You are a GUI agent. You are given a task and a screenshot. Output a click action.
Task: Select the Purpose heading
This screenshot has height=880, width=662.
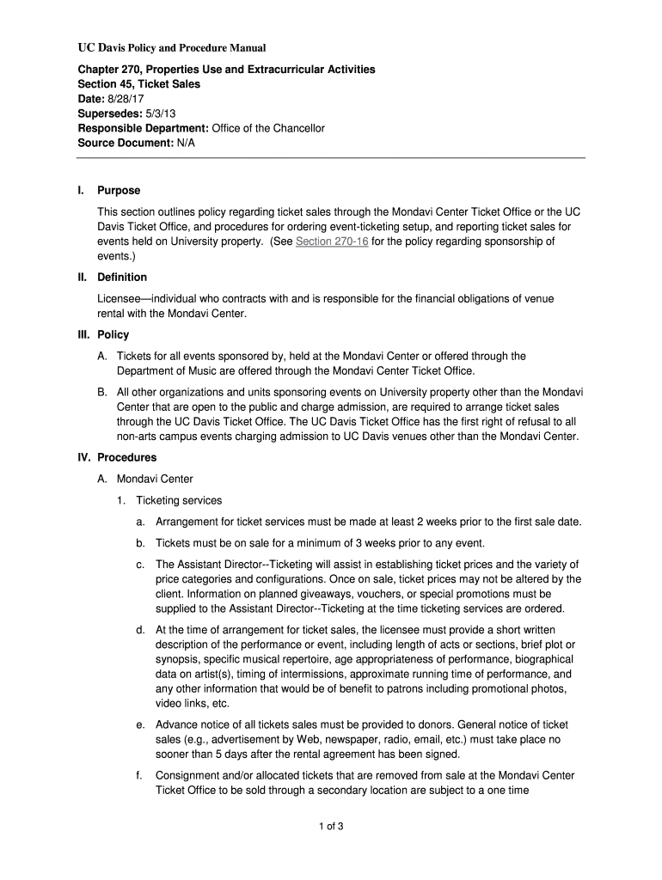(119, 190)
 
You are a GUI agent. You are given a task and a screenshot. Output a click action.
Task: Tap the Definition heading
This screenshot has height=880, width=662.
(122, 278)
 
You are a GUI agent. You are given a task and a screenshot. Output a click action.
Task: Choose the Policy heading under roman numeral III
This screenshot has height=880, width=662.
(113, 335)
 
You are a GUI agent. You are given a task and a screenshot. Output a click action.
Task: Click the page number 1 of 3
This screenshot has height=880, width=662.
(331, 828)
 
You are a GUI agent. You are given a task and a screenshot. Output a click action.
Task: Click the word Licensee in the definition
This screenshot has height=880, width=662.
(120, 298)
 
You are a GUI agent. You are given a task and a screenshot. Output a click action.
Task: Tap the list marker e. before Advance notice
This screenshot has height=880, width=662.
(139, 725)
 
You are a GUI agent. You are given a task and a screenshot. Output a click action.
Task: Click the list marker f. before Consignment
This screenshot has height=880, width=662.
(139, 776)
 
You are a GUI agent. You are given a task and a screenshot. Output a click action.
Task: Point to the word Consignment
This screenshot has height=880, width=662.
(190, 776)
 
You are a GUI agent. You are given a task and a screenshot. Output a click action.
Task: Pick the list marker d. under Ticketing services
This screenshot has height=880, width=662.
(139, 630)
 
